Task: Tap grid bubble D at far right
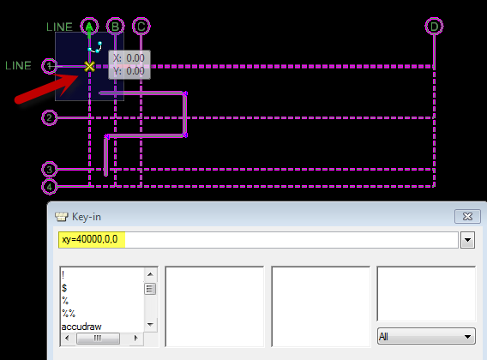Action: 434,27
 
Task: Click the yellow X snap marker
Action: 89,66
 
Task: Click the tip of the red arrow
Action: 78,75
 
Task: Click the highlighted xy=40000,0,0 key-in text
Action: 90,239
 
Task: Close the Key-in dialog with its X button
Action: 467,216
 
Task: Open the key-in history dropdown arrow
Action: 468,240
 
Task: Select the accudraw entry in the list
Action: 81,327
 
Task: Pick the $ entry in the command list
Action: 64,288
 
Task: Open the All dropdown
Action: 426,336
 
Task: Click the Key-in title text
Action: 87,217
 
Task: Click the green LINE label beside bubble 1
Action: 18,65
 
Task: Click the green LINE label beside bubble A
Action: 59,27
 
